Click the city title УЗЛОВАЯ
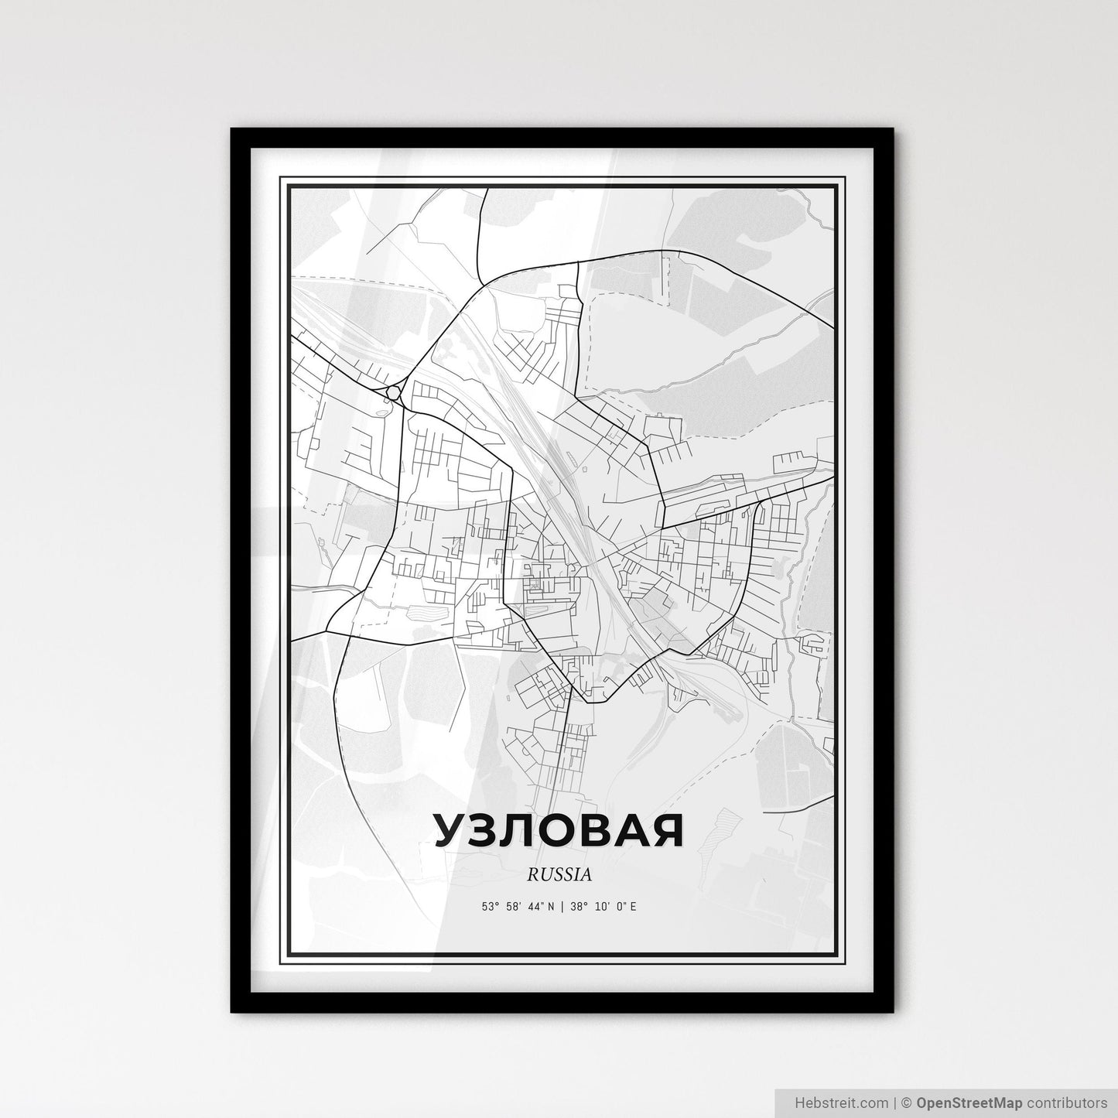click(558, 830)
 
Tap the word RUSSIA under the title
click(559, 874)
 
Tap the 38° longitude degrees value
click(578, 906)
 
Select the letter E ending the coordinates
click(633, 906)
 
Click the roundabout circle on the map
click(395, 393)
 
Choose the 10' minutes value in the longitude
click(599, 906)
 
